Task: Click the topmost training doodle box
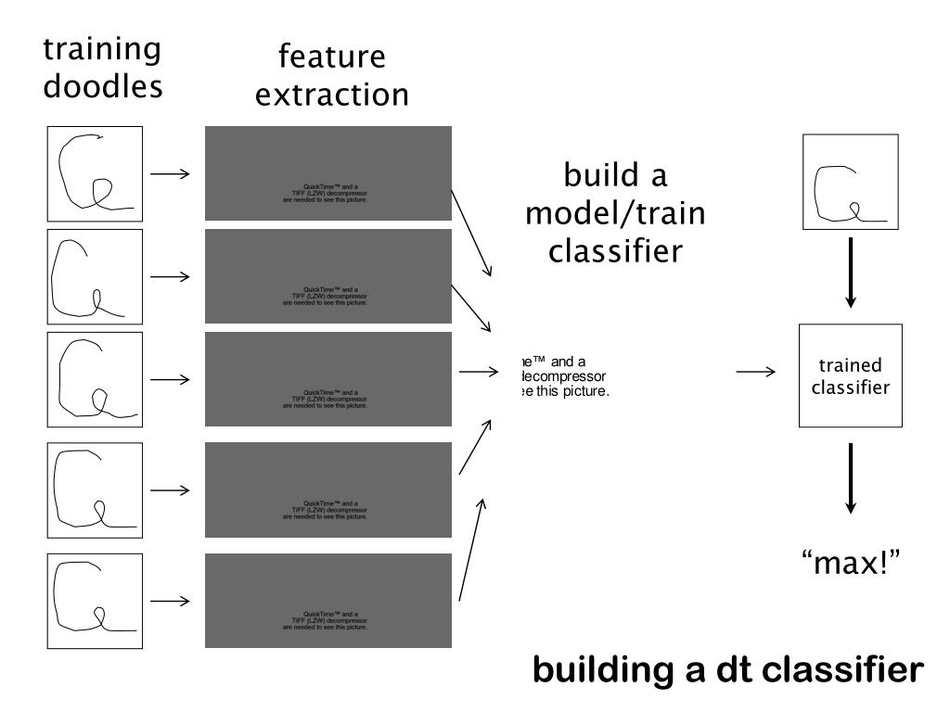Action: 95,173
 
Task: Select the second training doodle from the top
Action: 95,276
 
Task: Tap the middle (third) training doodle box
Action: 95,379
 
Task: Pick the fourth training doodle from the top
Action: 95,490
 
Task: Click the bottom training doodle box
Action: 95,601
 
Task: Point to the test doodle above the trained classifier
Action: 850,182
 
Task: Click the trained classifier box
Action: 850,375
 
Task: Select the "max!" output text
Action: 852,562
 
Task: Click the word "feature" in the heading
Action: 331,57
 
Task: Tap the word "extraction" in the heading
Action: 331,95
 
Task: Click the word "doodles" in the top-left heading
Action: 103,86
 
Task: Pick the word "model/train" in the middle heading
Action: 615,213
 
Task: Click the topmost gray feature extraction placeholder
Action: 327,173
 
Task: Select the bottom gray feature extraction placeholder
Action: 327,601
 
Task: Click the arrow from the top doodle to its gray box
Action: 170,173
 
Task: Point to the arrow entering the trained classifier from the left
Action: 756,373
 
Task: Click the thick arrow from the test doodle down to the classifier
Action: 850,274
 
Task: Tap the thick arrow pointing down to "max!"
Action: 850,478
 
